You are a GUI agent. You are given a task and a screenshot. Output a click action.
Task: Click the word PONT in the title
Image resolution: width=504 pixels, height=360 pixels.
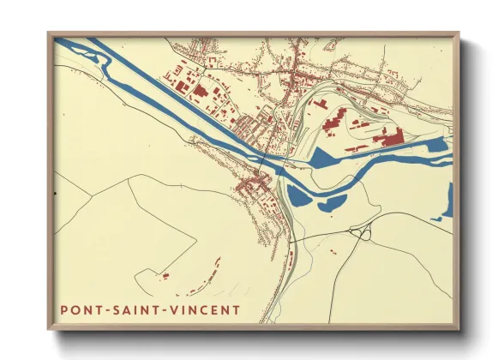83,309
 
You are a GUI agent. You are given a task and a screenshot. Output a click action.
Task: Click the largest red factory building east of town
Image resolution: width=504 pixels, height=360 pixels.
390,135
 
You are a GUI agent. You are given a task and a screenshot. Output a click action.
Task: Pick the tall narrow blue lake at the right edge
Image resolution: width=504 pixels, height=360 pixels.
447,201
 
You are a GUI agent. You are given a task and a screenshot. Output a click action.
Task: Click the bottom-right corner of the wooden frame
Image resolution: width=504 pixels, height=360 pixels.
458,329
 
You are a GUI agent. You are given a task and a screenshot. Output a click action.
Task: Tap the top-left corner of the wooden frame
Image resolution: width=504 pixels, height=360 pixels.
49,33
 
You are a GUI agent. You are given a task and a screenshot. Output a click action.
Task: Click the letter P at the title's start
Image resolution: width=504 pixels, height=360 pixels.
65,309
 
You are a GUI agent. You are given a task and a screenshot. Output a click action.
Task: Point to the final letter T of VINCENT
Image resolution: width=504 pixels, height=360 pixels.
237,309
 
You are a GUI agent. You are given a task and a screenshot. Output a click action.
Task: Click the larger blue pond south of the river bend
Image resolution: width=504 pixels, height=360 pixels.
298,196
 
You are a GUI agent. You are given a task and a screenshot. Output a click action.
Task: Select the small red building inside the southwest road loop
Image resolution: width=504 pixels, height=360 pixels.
165,276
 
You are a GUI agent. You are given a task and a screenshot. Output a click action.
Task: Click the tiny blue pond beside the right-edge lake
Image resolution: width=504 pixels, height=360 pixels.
435,219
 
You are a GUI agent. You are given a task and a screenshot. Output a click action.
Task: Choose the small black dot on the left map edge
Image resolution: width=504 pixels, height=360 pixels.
54,193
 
